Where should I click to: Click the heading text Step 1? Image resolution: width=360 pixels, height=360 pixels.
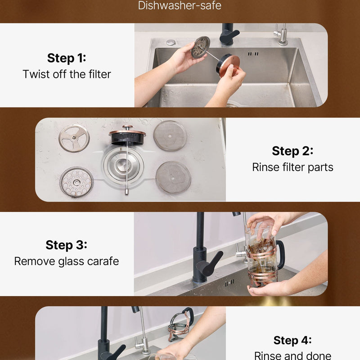(x=67, y=58)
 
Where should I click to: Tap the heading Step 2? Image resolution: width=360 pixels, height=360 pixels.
(x=292, y=151)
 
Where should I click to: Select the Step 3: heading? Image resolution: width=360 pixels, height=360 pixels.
(x=66, y=245)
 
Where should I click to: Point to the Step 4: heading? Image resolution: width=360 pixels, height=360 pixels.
(x=292, y=340)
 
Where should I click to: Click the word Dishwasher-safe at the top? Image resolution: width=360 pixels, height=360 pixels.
(x=180, y=5)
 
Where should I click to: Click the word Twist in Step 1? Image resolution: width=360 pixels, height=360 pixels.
(x=36, y=74)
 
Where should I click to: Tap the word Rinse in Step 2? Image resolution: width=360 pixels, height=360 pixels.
(x=266, y=167)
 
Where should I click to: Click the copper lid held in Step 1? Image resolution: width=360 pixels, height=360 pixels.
(x=229, y=66)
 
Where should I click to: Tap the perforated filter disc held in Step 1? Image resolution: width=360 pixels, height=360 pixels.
(x=201, y=47)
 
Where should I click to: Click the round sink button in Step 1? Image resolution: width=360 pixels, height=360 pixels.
(x=171, y=42)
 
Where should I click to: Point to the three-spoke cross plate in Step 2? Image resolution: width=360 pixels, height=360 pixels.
(x=74, y=138)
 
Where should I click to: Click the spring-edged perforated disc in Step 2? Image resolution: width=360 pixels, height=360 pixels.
(x=76, y=182)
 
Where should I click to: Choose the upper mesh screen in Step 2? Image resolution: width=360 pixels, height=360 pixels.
(x=170, y=135)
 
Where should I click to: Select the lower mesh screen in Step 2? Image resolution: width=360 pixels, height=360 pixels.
(x=173, y=177)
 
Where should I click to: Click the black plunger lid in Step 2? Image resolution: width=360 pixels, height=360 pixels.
(x=127, y=137)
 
